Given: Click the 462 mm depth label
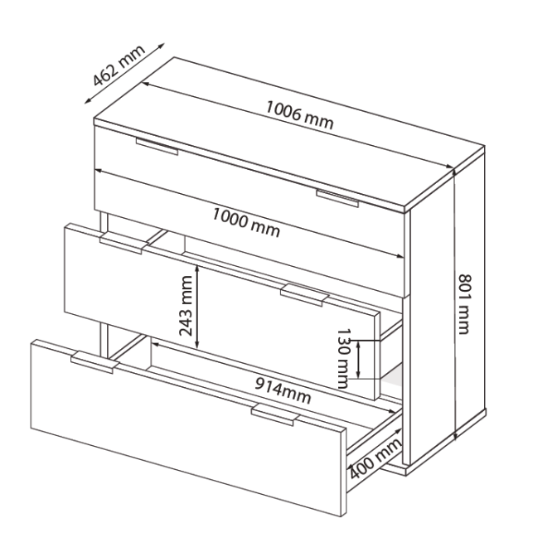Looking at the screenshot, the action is pyautogui.click(x=119, y=65).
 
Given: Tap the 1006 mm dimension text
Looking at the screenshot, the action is pyautogui.click(x=299, y=115).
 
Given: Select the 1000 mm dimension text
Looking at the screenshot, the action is pyautogui.click(x=246, y=222).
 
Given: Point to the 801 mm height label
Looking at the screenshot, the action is pyautogui.click(x=464, y=304).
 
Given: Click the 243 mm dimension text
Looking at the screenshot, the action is pyautogui.click(x=186, y=306).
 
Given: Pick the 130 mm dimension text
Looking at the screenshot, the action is pyautogui.click(x=343, y=358).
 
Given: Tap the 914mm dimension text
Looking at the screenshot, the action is pyautogui.click(x=283, y=390).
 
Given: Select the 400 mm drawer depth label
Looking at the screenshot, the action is pyautogui.click(x=375, y=458).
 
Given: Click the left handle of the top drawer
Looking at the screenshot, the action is pyautogui.click(x=157, y=147).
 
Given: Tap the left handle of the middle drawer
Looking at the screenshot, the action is pyautogui.click(x=124, y=244).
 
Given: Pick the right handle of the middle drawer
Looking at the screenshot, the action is pyautogui.click(x=304, y=295).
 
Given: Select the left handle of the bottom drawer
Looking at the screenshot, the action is pyautogui.click(x=94, y=363).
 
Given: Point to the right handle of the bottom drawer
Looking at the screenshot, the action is pyautogui.click(x=275, y=414).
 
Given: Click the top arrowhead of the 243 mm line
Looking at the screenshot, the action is pyautogui.click(x=197, y=268).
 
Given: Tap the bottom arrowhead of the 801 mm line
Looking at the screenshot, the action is pyautogui.click(x=456, y=435).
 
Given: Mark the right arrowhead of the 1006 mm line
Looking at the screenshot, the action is pyautogui.click(x=450, y=167).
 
